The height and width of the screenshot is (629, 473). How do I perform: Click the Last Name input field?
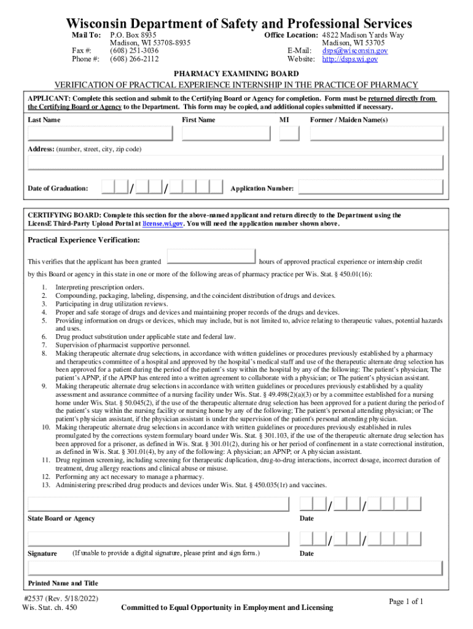[x=100, y=133]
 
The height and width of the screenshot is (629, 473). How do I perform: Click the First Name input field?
[x=227, y=133]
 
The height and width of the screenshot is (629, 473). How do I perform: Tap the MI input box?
[x=289, y=133]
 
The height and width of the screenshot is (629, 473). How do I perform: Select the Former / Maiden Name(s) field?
[x=376, y=133]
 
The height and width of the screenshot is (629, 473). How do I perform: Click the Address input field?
[x=235, y=162]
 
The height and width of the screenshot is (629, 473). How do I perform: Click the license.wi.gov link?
[x=162, y=224]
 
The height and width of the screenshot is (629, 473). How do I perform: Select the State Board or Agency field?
[x=158, y=504]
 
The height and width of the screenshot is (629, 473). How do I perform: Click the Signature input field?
[x=158, y=539]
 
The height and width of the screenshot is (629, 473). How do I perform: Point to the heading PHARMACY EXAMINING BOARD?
[x=237, y=73]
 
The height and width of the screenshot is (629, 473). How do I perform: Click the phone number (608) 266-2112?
[x=134, y=59]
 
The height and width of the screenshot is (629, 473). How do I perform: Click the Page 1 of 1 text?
[x=406, y=601]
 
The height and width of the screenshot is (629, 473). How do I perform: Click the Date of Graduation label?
[x=58, y=188]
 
